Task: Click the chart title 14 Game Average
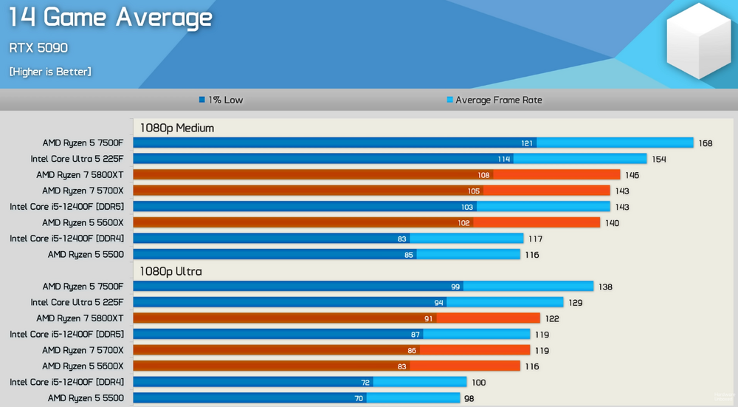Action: [111, 18]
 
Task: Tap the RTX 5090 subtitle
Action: [38, 48]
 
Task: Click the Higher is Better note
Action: [50, 72]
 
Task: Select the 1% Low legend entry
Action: [221, 100]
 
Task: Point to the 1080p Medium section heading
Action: [177, 128]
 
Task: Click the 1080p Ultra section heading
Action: [170, 271]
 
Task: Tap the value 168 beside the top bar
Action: [706, 143]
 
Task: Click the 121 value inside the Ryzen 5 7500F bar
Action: [527, 143]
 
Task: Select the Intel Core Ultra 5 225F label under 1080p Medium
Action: [77, 159]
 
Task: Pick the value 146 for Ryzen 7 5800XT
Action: [632, 175]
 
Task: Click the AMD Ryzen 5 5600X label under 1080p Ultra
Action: [83, 366]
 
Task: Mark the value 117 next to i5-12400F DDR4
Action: [535, 239]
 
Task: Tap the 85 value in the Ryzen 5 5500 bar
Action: [408, 255]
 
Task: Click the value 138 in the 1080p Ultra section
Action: [605, 287]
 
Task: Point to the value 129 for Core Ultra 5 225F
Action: [575, 303]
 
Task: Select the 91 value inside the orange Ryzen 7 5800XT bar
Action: [428, 318]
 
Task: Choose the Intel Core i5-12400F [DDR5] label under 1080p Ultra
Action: [66, 335]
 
